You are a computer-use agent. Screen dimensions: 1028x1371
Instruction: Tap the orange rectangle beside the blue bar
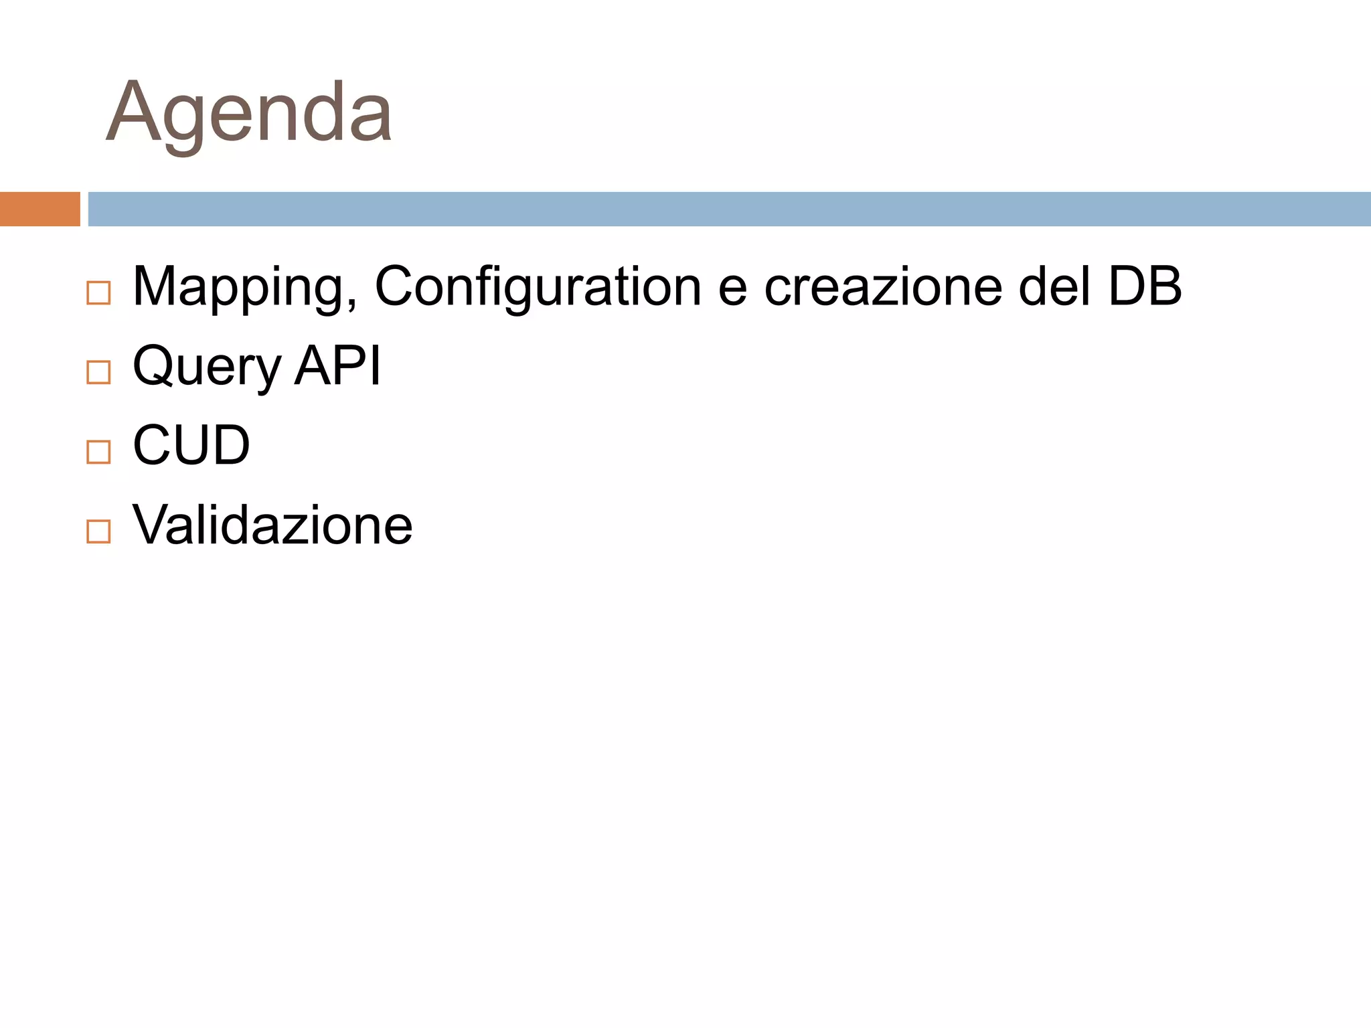39,209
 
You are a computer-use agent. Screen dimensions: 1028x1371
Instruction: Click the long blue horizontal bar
729,209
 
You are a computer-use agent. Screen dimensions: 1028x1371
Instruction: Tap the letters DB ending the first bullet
1145,286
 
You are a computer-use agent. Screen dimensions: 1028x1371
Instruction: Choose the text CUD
191,445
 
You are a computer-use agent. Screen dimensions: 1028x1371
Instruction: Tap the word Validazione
272,525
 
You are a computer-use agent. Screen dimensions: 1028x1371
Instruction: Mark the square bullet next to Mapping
98,293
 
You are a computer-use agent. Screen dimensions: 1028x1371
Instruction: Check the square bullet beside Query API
98,372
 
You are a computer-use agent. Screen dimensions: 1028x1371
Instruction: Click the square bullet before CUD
98,452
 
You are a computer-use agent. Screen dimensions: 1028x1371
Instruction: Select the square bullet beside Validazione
98,531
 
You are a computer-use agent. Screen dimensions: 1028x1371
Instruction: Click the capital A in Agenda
133,112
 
